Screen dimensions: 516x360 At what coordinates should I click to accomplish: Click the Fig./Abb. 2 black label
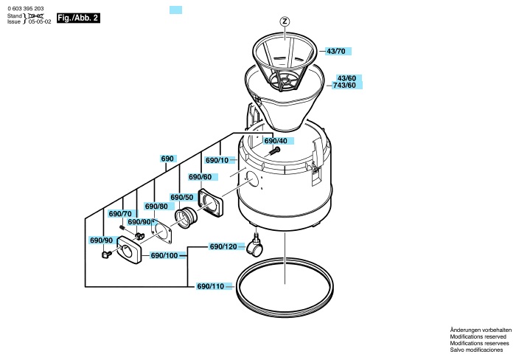click(78, 18)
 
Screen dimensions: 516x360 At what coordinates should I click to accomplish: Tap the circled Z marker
click(285, 21)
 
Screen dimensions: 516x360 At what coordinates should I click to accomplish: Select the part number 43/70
click(336, 51)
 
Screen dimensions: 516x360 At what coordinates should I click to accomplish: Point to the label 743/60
click(344, 86)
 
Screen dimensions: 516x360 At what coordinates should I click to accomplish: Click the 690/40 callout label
click(276, 141)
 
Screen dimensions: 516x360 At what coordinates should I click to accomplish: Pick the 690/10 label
click(217, 160)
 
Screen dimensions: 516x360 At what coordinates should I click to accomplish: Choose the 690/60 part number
click(200, 177)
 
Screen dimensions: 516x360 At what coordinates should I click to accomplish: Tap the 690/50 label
click(182, 197)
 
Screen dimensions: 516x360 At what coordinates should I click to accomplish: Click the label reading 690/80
click(156, 207)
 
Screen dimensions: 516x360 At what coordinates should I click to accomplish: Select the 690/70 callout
click(120, 214)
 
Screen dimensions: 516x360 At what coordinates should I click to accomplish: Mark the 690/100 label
click(164, 255)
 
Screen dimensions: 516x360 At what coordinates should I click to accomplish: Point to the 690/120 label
click(223, 246)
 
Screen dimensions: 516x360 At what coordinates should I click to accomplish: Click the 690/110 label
click(211, 286)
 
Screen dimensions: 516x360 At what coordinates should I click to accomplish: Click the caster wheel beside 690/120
click(254, 248)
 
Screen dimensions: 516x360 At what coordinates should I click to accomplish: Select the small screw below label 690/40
click(273, 151)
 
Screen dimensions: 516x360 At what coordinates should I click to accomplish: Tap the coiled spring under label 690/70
click(122, 227)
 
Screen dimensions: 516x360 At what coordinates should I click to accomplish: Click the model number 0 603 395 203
click(26, 9)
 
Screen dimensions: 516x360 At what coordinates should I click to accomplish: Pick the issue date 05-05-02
click(40, 21)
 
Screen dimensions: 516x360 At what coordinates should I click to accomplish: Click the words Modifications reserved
click(478, 336)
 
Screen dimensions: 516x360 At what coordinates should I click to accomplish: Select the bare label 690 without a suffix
click(167, 159)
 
